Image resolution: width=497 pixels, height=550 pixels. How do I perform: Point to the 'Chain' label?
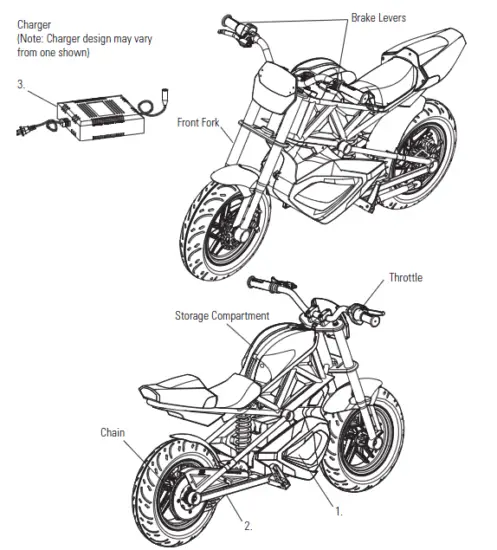(x=113, y=432)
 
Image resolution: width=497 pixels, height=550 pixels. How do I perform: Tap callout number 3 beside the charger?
(x=21, y=85)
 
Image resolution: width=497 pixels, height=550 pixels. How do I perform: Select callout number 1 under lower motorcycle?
(x=338, y=511)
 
